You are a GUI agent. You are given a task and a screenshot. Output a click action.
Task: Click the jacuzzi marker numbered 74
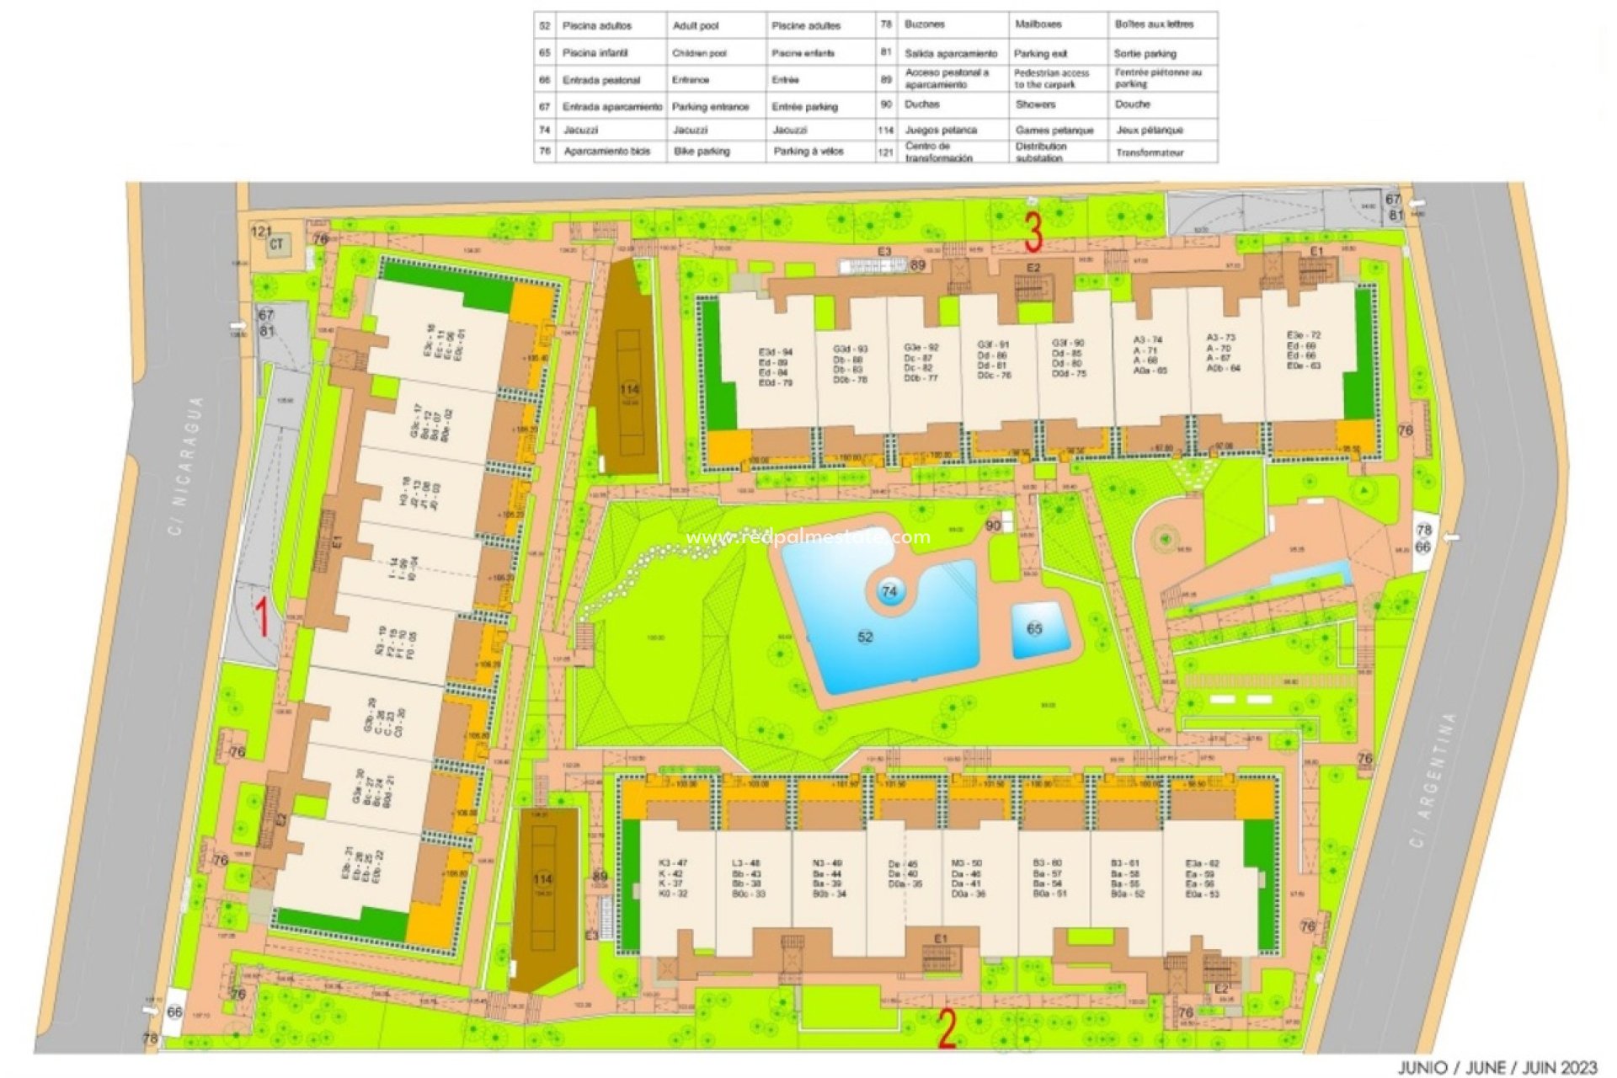(889, 592)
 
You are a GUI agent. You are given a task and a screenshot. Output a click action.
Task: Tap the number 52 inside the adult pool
(865, 637)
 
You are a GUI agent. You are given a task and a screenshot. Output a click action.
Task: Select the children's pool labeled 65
(1034, 628)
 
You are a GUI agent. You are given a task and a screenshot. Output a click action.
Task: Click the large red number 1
(262, 616)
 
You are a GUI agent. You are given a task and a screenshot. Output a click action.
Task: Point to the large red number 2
(947, 1030)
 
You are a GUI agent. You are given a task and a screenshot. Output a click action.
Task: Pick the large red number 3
(1033, 232)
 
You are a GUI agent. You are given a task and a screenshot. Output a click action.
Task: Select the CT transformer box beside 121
(276, 246)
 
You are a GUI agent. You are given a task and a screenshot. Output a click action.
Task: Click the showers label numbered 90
(994, 526)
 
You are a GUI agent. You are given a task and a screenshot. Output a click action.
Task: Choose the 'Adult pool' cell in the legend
(696, 26)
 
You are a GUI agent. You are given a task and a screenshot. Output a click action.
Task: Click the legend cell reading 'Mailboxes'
(1038, 25)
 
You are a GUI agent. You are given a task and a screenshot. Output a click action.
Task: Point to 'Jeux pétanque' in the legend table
(1150, 131)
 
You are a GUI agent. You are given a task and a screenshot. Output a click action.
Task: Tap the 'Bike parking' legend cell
(702, 152)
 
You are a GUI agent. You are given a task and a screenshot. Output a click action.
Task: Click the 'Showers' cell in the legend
(1035, 104)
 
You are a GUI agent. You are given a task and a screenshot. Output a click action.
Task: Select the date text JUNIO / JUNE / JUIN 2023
(1497, 1067)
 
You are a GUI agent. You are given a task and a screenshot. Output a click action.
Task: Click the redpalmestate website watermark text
(808, 537)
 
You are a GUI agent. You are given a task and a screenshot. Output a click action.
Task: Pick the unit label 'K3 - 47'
(673, 863)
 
